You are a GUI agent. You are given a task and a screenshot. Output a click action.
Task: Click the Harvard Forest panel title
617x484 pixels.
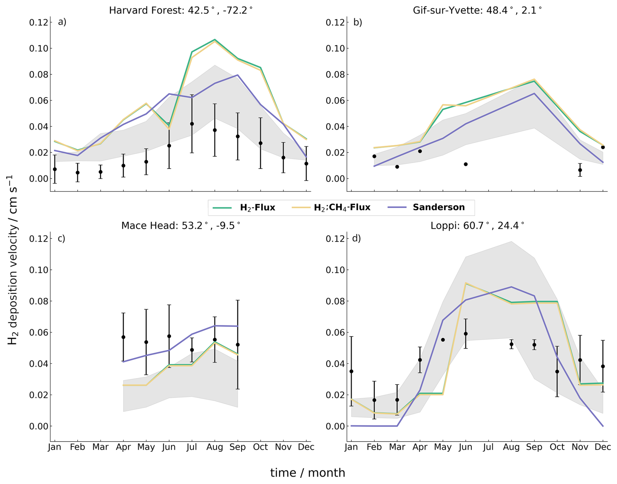(181, 10)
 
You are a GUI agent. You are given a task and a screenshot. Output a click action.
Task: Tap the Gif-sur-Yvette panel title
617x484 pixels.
(477, 10)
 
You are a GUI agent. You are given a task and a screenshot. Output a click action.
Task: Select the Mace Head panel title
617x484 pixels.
(181, 226)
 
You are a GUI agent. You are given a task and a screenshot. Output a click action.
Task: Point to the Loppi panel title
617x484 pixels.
(477, 226)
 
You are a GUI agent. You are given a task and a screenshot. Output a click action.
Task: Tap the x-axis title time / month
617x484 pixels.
(308, 473)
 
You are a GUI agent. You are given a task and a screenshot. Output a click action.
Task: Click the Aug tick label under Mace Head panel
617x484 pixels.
(215, 447)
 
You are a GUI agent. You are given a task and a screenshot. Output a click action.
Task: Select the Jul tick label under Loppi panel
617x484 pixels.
(488, 447)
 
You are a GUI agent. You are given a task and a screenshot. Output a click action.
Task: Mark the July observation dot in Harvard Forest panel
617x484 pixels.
(192, 124)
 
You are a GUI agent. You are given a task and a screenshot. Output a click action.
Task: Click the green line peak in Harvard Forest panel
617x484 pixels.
(215, 40)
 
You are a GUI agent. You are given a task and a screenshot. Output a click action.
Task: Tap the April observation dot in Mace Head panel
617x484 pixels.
(123, 337)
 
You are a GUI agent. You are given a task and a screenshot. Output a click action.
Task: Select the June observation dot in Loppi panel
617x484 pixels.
(466, 334)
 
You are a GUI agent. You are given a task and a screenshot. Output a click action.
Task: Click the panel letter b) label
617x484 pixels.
(358, 22)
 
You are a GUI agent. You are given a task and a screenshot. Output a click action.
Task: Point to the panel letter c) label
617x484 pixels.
(61, 238)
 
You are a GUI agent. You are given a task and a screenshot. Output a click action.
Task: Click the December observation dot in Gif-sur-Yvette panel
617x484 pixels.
(603, 147)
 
